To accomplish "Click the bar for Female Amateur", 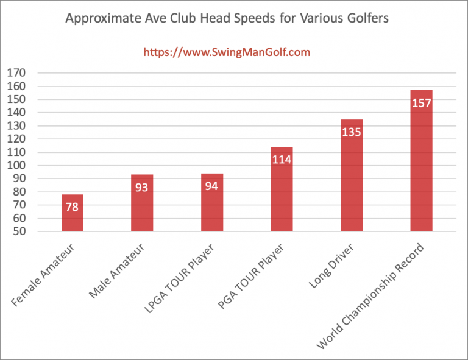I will (x=72, y=213).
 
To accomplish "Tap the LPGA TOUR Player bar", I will (x=212, y=202).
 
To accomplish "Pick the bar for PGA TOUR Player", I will (x=282, y=189).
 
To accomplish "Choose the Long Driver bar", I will (x=352, y=175).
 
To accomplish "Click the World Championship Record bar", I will (x=421, y=161).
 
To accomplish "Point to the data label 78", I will (x=72, y=207).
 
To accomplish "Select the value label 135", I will (x=352, y=132).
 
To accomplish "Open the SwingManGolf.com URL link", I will (x=227, y=52).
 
